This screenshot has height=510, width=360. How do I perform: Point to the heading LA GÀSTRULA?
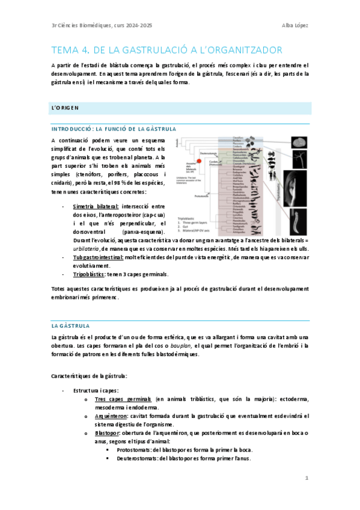70,325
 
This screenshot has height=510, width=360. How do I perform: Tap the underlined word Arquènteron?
109,416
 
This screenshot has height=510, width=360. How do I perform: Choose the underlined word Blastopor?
106,432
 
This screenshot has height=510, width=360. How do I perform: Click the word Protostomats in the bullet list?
136,449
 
